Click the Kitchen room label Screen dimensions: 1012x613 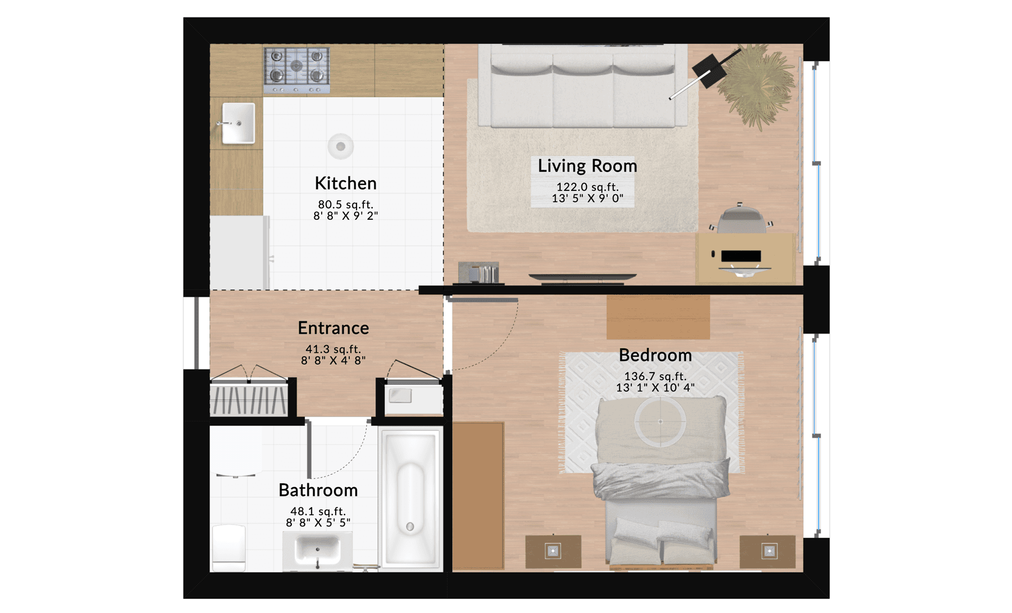coord(345,183)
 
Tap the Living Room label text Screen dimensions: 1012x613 coord(588,166)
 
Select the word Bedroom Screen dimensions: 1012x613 coord(655,355)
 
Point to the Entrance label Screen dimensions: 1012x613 coord(333,328)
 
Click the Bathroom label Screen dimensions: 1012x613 coord(318,490)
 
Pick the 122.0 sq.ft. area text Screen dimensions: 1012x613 coord(588,187)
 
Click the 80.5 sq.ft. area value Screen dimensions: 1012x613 coord(345,205)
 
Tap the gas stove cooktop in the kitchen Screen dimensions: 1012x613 coord(297,70)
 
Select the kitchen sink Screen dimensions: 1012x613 coord(238,123)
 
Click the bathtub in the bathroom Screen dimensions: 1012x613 coord(411,498)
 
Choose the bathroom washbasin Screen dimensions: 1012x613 coord(317,550)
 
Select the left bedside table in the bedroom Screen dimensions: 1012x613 coord(553,551)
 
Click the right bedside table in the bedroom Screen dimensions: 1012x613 coord(768,551)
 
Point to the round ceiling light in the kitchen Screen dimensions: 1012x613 coord(341,147)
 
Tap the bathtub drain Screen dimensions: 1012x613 coord(410,526)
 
